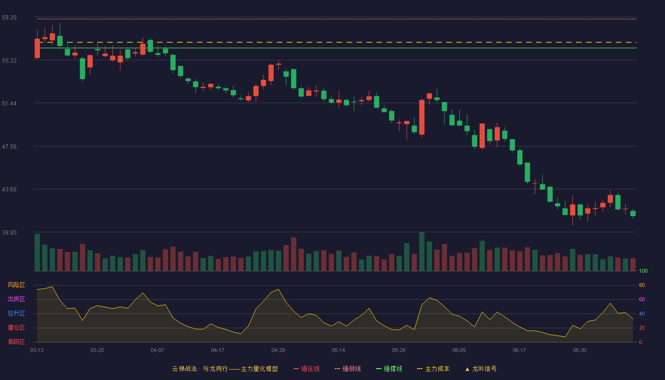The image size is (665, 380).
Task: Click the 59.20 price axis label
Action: [x=9, y=18]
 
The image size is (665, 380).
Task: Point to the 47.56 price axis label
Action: [x=9, y=147]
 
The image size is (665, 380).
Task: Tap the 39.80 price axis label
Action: [x=9, y=232]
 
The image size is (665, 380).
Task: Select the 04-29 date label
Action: [x=278, y=351]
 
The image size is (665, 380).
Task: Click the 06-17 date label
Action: [x=519, y=351]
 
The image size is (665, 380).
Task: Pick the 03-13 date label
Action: [x=37, y=351]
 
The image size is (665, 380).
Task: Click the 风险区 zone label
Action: [x=16, y=285]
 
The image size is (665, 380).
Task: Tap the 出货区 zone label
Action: [x=16, y=299]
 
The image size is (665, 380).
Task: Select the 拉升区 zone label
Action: [x=16, y=313]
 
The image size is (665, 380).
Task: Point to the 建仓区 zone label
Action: [x=16, y=327]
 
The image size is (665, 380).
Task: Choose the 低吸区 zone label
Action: [x=16, y=342]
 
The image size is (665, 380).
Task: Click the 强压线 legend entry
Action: [x=306, y=369]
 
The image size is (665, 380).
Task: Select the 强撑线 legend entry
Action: [x=389, y=369]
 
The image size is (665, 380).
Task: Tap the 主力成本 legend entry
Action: [x=433, y=369]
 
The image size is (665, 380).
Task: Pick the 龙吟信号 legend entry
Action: [x=481, y=369]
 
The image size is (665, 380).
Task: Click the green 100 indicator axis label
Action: [x=643, y=271]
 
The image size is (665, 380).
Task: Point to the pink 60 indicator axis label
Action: [x=642, y=299]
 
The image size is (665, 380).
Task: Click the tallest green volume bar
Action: [x=422, y=251]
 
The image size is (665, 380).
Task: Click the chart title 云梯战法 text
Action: [x=184, y=369]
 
